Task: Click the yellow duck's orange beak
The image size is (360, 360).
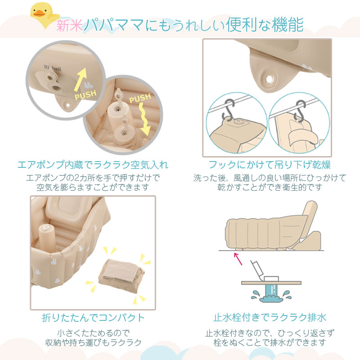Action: pos(39,14)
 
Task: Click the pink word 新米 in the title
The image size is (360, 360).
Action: pos(70,25)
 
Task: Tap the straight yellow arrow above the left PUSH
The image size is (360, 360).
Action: pos(81,80)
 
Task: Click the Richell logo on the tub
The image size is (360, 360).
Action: pos(53,68)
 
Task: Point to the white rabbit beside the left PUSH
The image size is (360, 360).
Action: pos(87,85)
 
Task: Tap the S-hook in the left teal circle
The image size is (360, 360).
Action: pos(228,109)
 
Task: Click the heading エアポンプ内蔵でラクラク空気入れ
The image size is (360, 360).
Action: pos(93,165)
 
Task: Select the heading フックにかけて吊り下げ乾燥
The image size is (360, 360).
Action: pos(270,165)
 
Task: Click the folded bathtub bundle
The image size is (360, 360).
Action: pos(121,275)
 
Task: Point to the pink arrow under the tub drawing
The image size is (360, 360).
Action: pos(238,259)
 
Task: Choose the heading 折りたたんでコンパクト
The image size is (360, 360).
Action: pos(93,318)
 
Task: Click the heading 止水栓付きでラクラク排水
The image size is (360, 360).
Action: pos(270,318)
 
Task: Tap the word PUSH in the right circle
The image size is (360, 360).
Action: pos(140,98)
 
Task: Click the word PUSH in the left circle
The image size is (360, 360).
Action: pos(85,94)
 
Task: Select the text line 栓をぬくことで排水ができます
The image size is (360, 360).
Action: pos(270,342)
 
